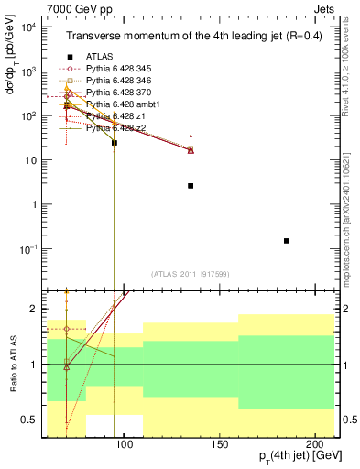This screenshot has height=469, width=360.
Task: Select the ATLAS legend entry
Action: (x=102, y=57)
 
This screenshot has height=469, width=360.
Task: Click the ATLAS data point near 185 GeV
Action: (x=287, y=241)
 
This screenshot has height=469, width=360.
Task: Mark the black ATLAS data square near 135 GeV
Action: (x=191, y=186)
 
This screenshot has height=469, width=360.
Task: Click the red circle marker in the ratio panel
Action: (x=67, y=329)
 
